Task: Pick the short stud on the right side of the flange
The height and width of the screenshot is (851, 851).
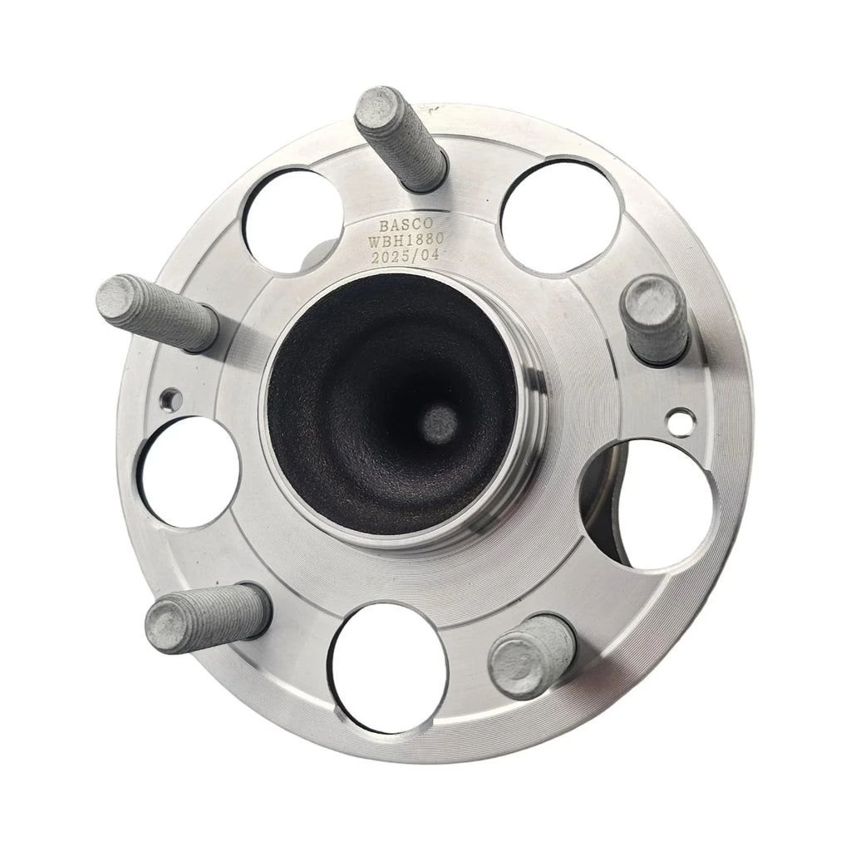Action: coord(657,320)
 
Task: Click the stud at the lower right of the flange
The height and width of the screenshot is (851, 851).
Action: coord(532,657)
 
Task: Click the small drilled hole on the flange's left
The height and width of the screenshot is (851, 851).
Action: coord(171,400)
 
